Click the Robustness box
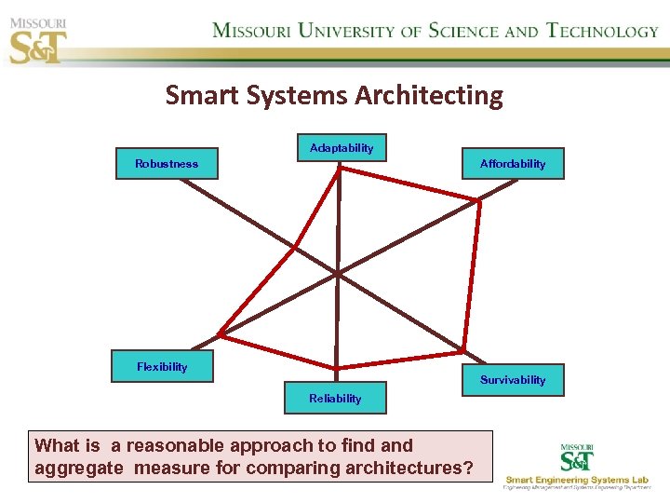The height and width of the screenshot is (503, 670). (x=167, y=164)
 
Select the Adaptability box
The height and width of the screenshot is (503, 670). (x=342, y=148)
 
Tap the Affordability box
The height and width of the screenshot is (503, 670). (x=513, y=164)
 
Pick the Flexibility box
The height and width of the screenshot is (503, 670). (x=162, y=366)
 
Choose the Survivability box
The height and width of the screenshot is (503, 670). (x=513, y=380)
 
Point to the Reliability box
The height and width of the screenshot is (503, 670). (x=335, y=399)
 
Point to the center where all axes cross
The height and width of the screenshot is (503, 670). (x=337, y=274)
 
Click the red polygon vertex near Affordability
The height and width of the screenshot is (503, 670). (x=478, y=199)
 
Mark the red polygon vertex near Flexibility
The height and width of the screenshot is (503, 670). (x=220, y=333)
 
